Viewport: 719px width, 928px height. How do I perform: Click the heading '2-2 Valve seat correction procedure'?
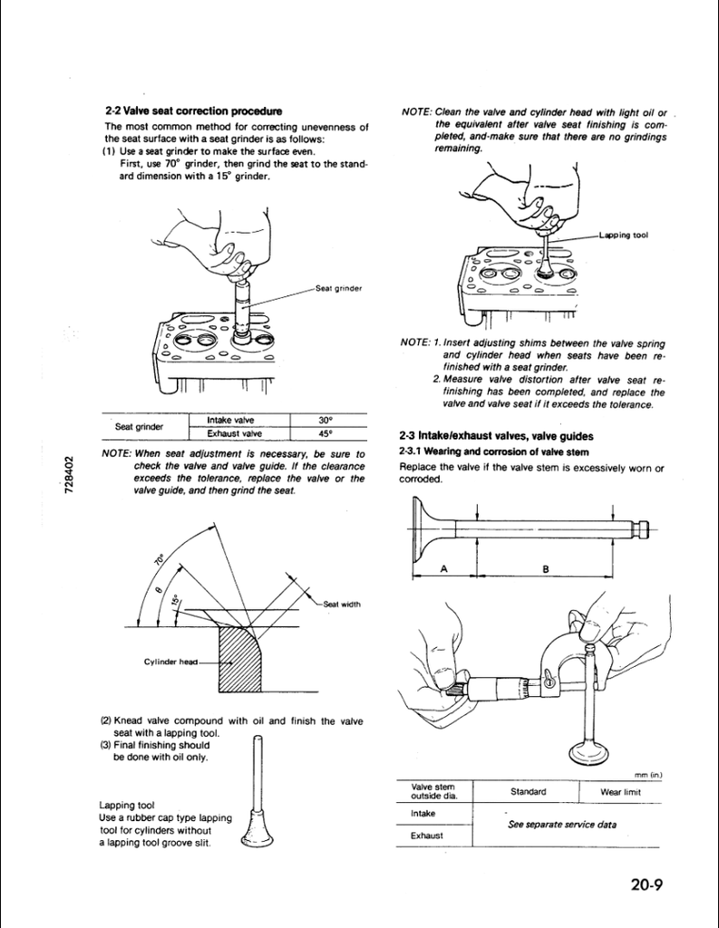coord(192,111)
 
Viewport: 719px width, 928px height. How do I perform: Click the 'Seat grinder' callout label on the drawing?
coord(339,288)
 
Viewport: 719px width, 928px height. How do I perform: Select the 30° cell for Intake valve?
coord(326,420)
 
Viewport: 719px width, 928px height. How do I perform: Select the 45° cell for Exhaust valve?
coord(326,432)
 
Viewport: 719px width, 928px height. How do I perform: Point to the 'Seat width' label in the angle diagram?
coord(342,604)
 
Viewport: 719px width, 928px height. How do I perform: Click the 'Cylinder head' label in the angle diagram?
coord(170,662)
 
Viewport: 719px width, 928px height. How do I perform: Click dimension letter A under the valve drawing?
coord(443,568)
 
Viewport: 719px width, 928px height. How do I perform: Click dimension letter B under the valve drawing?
coord(546,568)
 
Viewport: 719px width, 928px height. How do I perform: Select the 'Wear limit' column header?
coord(621,791)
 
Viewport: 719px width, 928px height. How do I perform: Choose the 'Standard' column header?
coord(528,791)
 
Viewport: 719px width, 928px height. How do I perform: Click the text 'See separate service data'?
coord(562,824)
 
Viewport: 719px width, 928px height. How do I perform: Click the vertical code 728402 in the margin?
coord(70,477)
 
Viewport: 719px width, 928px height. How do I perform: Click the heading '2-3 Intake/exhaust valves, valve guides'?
coord(496,436)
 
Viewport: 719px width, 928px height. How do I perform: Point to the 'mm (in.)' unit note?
coord(648,774)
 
